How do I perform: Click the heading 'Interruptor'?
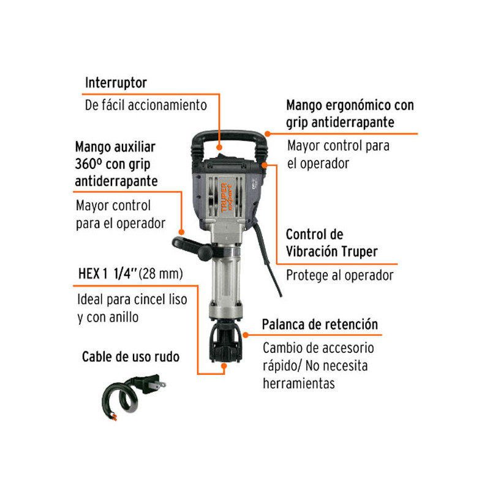click(116, 82)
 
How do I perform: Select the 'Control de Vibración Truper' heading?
click(331, 243)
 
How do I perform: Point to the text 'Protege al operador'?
click(339, 275)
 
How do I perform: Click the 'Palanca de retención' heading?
click(320, 324)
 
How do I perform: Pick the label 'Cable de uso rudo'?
click(130, 356)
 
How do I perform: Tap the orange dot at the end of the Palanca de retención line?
click(245, 334)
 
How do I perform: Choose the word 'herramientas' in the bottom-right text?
click(298, 383)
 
